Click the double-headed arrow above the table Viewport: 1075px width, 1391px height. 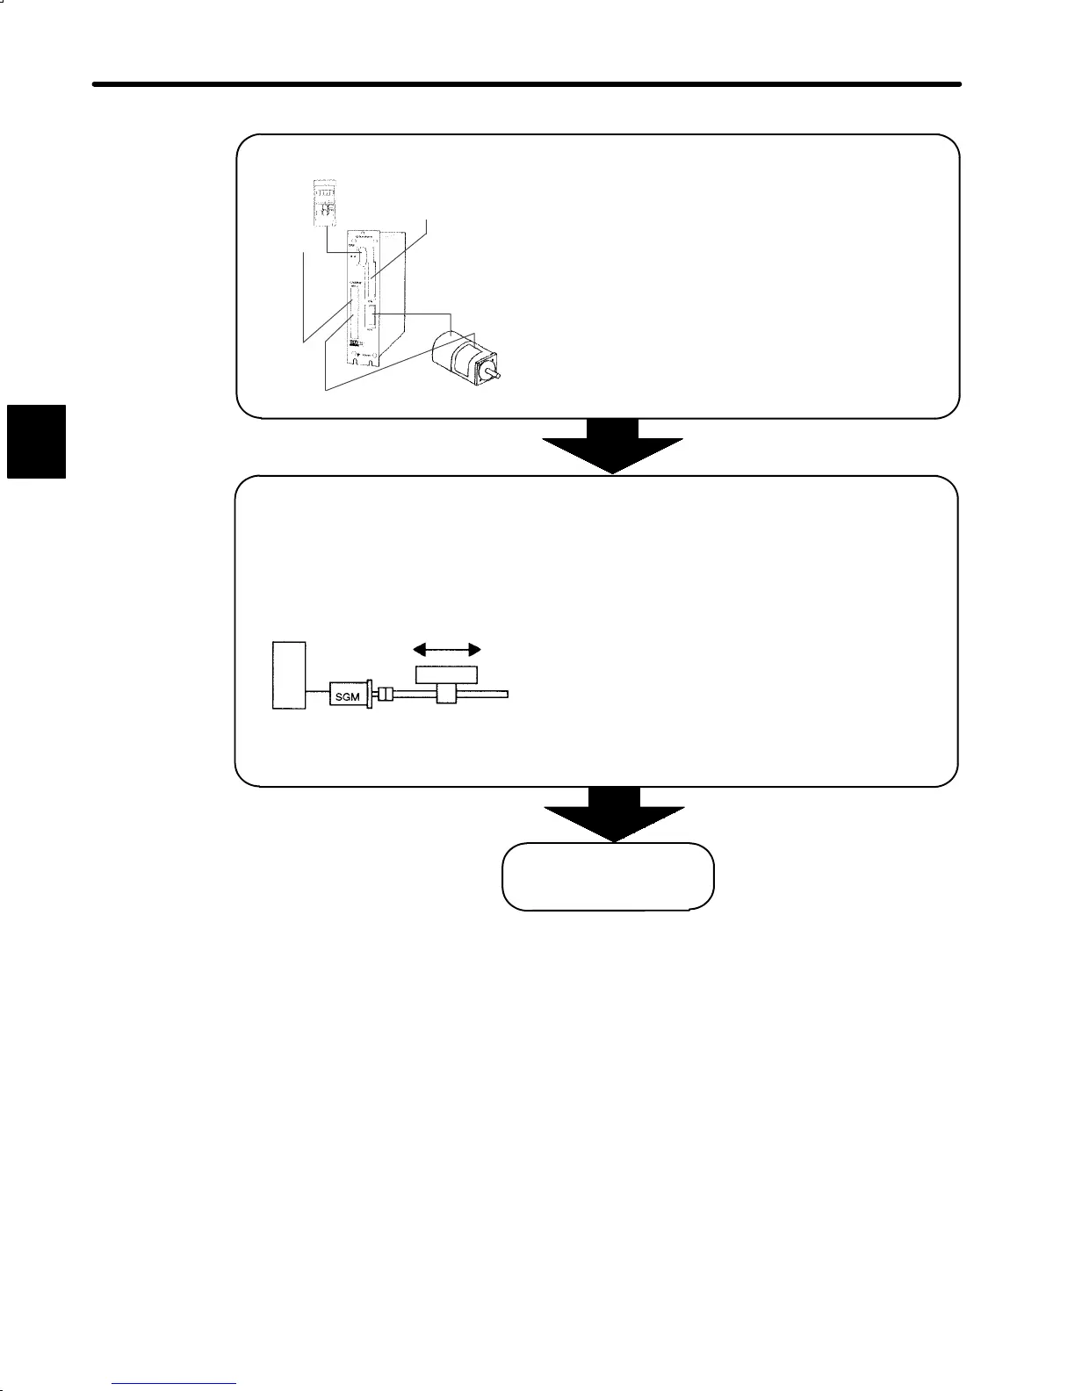pos(448,649)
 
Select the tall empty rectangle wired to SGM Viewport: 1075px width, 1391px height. pos(289,674)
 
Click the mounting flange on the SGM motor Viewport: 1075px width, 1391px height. pos(373,695)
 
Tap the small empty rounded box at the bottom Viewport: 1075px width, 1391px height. pos(608,876)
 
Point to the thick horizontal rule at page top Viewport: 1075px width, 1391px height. pos(527,85)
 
